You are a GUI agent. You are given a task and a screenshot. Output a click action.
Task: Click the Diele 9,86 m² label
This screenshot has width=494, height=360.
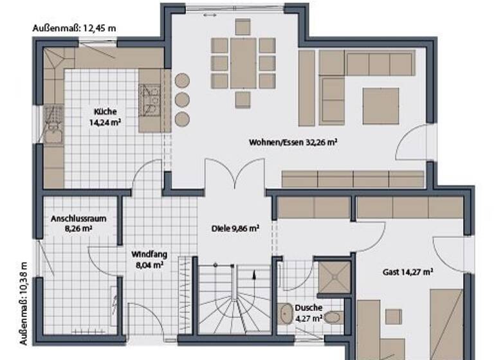coord(235,228)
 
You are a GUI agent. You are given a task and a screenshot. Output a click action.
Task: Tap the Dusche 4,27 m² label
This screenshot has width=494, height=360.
coord(309,312)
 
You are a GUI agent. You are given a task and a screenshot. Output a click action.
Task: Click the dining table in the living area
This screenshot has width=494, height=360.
coord(244,62)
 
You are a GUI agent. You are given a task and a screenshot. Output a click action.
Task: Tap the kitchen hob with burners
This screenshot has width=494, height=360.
coord(151,100)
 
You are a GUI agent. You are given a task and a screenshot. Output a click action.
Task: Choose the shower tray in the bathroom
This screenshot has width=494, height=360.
coord(334,277)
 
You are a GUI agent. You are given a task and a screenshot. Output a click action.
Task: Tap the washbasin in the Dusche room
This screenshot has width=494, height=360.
coord(286,313)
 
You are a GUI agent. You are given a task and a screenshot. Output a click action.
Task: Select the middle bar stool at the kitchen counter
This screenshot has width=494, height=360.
coord(183,99)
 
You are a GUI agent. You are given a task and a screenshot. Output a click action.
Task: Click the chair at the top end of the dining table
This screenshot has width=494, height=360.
coord(242,26)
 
